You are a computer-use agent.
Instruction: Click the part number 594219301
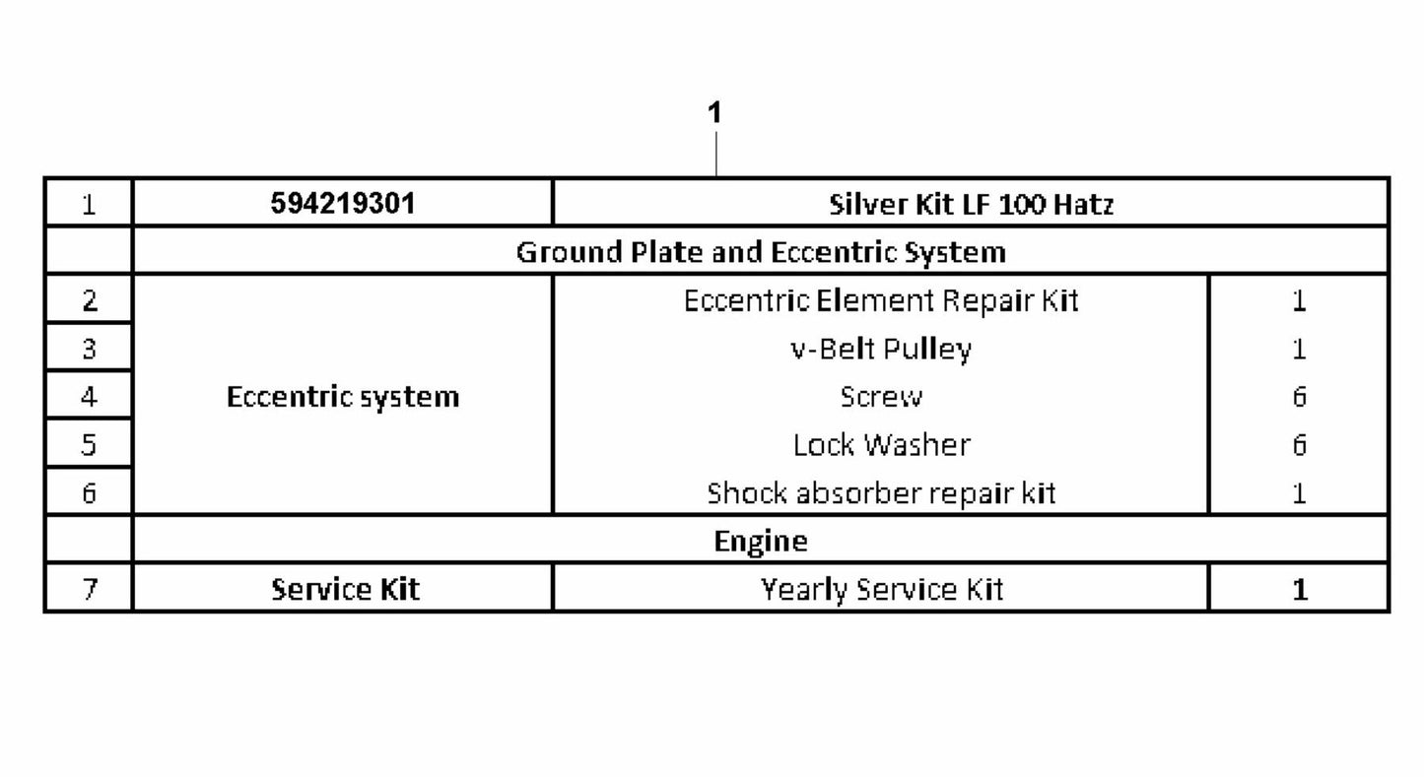click(x=343, y=203)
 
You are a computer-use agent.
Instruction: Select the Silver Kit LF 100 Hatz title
click(x=972, y=204)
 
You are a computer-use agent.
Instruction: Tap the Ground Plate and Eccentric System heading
click(x=761, y=252)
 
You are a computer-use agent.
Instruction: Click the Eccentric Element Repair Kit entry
click(x=881, y=300)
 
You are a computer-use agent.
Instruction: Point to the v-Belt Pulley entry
click(x=881, y=349)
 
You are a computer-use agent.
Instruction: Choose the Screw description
click(x=881, y=397)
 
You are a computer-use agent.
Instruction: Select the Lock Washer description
click(x=882, y=445)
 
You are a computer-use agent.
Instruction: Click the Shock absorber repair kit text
click(x=881, y=493)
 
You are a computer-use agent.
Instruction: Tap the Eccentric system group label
click(x=343, y=397)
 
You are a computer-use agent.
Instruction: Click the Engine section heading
click(x=761, y=542)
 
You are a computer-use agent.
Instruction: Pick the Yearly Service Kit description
click(x=882, y=590)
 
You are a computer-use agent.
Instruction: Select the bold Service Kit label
click(x=345, y=590)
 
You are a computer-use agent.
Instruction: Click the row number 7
click(x=89, y=590)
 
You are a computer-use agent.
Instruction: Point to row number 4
click(x=89, y=397)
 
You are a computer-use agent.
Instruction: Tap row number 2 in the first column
click(x=89, y=300)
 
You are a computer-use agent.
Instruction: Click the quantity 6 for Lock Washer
click(x=1300, y=445)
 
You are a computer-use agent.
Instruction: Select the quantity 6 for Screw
click(x=1300, y=397)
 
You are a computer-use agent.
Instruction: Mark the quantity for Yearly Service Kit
click(x=1300, y=590)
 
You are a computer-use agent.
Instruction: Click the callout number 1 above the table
click(x=715, y=112)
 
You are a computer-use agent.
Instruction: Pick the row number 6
click(x=89, y=493)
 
